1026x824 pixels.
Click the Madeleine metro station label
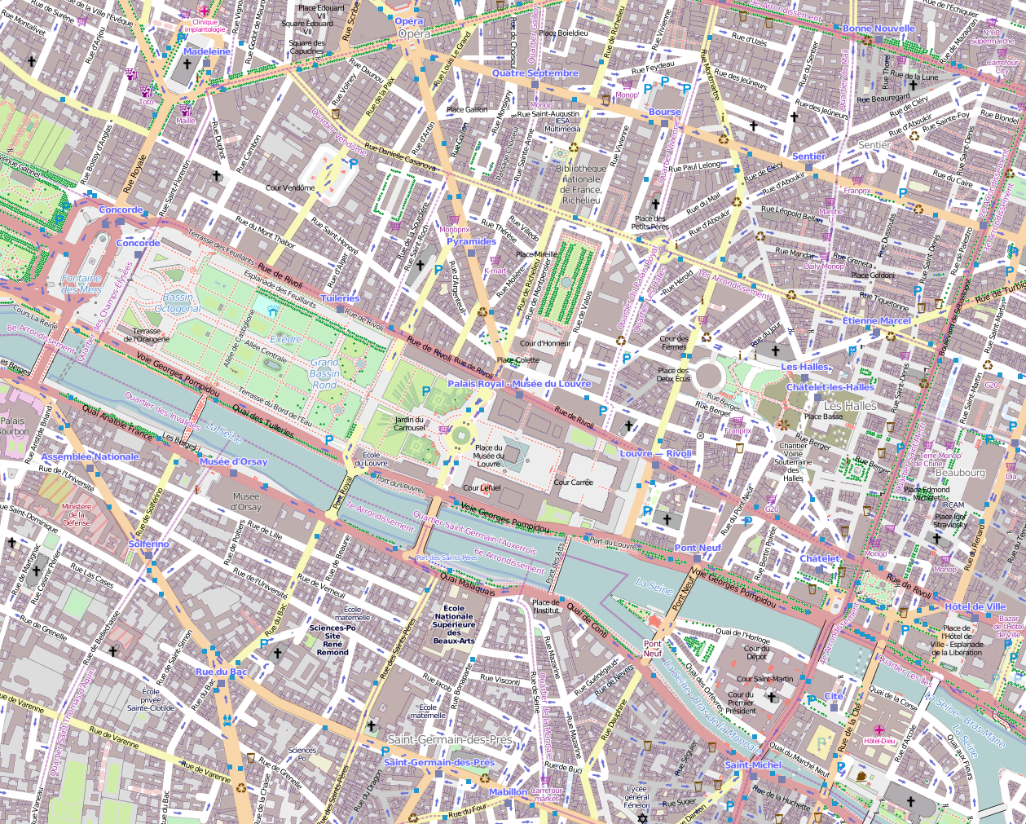click(207, 51)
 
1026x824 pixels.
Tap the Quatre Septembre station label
click(535, 73)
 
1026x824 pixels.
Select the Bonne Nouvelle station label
click(878, 29)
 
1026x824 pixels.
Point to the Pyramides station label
click(471, 241)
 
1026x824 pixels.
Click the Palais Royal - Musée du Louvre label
click(519, 383)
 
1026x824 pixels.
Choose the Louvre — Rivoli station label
click(655, 453)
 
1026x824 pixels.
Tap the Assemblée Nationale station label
click(90, 456)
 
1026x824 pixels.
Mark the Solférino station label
click(148, 544)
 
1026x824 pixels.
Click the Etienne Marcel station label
click(876, 321)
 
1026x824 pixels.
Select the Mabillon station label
click(508, 791)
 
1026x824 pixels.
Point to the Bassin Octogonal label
click(177, 303)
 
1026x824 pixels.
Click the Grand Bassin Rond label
click(324, 373)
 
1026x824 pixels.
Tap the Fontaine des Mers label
click(81, 284)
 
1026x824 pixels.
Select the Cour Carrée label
click(573, 482)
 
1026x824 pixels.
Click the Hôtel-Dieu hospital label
click(878, 740)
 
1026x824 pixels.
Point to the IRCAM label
click(953, 505)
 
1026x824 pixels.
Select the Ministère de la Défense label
click(77, 514)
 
